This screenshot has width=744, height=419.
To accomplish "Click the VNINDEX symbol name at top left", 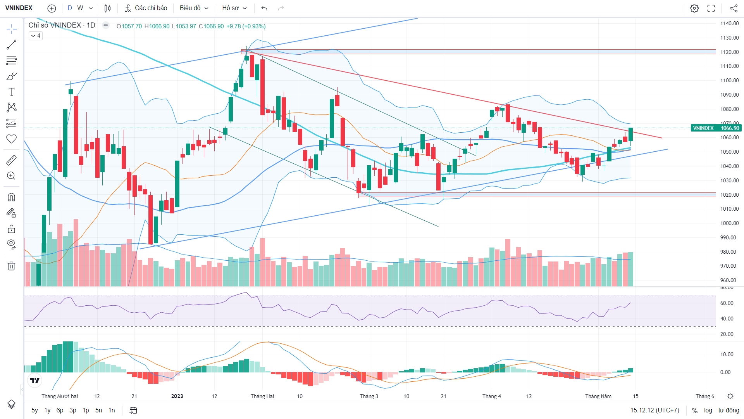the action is point(19,8).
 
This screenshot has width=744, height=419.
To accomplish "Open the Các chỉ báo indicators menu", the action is point(146,8).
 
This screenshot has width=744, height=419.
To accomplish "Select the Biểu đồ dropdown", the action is point(194,8).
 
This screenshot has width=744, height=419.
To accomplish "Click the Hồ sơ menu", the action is point(234,8).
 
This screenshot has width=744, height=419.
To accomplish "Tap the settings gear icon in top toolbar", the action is point(694,8).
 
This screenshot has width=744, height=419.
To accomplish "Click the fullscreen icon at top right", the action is point(711,8).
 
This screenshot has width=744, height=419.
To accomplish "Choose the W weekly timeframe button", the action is point(80,8).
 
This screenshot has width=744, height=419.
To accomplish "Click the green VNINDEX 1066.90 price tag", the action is point(715,128).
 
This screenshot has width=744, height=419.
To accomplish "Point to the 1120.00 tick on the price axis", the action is point(730,52).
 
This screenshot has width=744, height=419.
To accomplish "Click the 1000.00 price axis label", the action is point(730,223).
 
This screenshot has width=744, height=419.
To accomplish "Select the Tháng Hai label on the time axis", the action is point(262,396).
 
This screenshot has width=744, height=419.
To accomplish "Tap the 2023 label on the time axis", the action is point(177,396).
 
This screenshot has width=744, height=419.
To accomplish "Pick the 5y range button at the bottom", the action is point(35,410).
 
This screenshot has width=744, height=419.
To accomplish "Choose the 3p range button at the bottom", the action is point(73,410).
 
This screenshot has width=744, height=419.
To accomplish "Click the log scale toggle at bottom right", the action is point(708,410).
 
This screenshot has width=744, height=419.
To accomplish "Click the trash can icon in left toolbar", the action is point(12,266).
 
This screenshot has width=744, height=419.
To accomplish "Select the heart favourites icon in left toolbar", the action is point(12,139).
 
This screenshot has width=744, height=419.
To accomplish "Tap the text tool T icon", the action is point(12,92).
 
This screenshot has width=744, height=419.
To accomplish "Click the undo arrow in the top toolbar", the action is point(264,8).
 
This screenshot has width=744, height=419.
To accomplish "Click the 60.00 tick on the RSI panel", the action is point(727,303).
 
